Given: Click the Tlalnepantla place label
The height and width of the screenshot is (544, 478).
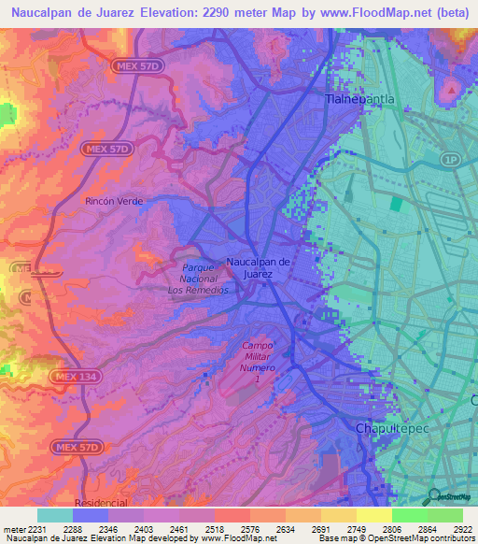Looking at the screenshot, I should [359, 97].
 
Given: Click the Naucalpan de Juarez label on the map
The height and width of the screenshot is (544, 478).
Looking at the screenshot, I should [261, 268].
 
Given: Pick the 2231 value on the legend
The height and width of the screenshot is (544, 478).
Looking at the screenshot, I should [35, 529].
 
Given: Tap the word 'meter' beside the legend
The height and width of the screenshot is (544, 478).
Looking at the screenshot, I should [12, 529].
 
